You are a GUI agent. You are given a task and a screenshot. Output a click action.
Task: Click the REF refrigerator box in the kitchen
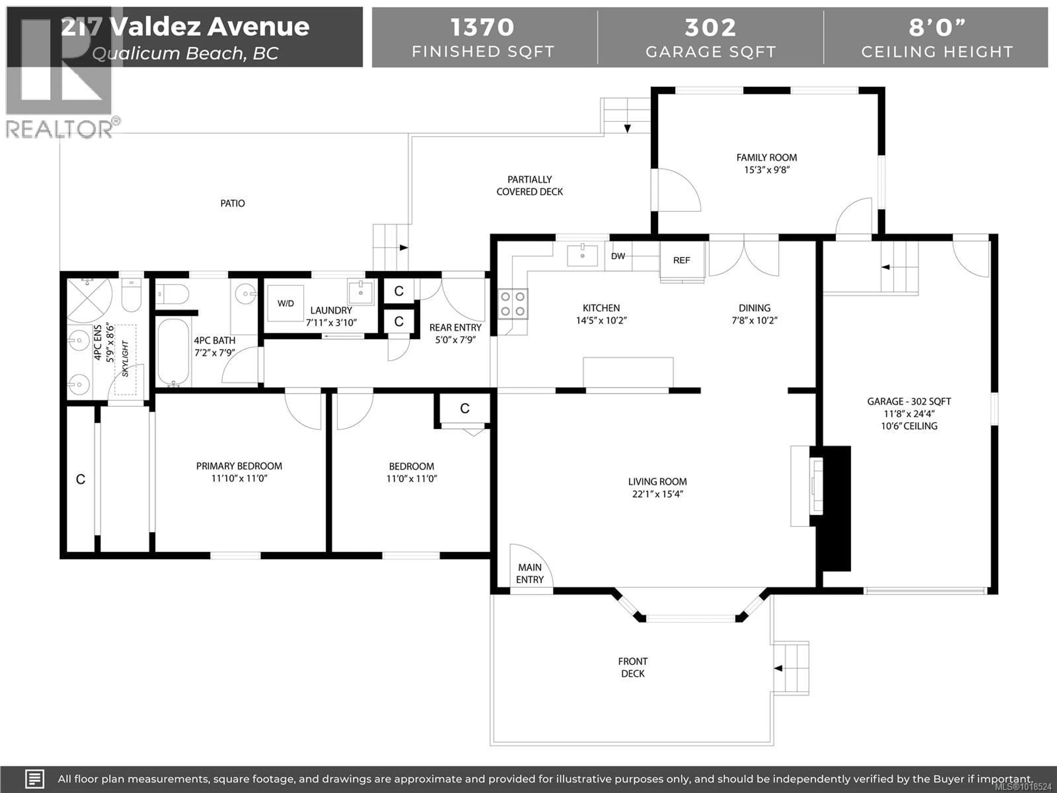(x=682, y=260)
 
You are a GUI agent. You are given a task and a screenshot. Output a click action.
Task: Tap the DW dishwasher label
(x=618, y=256)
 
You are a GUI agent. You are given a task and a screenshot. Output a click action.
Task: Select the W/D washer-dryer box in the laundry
(x=285, y=303)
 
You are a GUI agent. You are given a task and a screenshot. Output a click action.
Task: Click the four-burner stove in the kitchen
(x=513, y=304)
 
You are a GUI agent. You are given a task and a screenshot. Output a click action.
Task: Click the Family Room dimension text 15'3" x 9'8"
(x=767, y=170)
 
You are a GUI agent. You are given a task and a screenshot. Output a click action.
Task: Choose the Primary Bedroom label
(x=239, y=466)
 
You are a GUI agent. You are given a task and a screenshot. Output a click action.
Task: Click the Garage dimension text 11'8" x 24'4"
(x=909, y=414)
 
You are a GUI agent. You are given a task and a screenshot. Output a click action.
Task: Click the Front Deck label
(x=633, y=667)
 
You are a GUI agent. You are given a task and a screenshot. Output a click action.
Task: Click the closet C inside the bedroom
(x=464, y=408)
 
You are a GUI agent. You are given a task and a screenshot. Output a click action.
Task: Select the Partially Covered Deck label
(x=529, y=186)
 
